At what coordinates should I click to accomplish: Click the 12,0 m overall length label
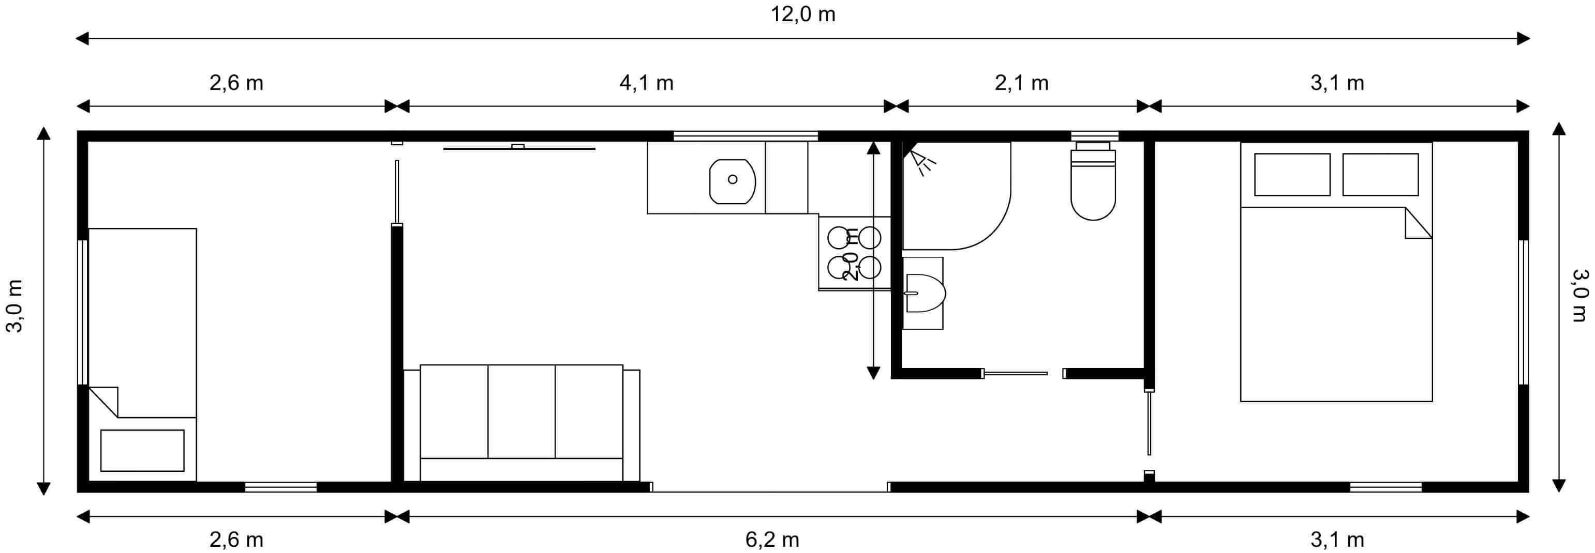(x=802, y=14)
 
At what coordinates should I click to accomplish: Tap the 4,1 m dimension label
(x=646, y=82)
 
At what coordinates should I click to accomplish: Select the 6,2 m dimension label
(x=772, y=540)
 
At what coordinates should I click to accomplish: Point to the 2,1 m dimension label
(x=1022, y=82)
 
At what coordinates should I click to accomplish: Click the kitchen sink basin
(x=733, y=181)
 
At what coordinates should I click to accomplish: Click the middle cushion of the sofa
(x=521, y=411)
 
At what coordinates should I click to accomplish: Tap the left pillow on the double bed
(x=1292, y=175)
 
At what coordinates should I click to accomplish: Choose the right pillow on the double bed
(x=1381, y=175)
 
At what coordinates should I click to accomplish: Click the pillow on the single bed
(x=142, y=450)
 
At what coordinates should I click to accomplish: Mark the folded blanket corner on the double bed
(x=1418, y=223)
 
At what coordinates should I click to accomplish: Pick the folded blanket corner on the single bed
(x=104, y=402)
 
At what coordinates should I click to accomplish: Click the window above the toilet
(x=1095, y=135)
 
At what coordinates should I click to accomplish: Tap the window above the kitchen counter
(x=746, y=135)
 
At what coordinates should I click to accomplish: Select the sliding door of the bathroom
(x=1016, y=373)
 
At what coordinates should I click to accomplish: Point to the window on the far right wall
(x=1523, y=312)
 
